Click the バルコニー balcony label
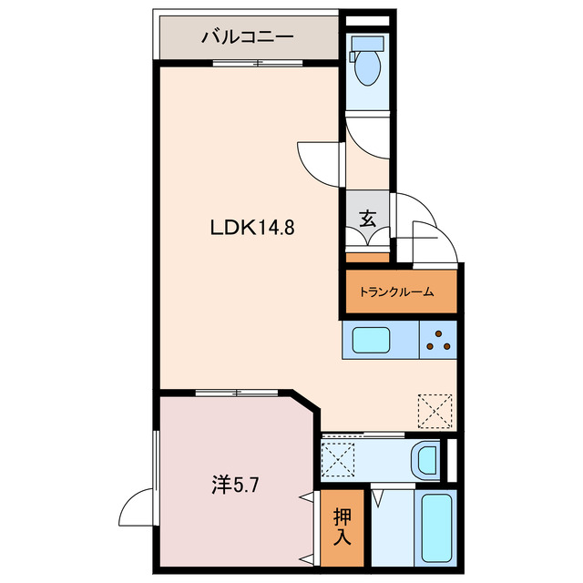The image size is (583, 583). (247, 37)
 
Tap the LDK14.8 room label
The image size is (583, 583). (252, 227)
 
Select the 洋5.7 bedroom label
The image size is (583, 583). (235, 485)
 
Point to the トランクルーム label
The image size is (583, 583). (396, 291)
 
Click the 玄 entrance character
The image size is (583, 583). (368, 219)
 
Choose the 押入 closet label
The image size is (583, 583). (343, 527)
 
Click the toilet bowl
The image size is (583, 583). (367, 67)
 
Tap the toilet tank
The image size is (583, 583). (367, 44)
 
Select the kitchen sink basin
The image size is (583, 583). (371, 340)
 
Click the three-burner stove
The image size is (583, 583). (438, 340)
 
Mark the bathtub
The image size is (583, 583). (436, 528)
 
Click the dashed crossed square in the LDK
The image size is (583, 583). (435, 411)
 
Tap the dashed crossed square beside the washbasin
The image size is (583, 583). (338, 459)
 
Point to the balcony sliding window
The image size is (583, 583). (258, 63)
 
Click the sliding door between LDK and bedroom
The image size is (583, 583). (237, 393)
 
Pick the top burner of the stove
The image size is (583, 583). (438, 333)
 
